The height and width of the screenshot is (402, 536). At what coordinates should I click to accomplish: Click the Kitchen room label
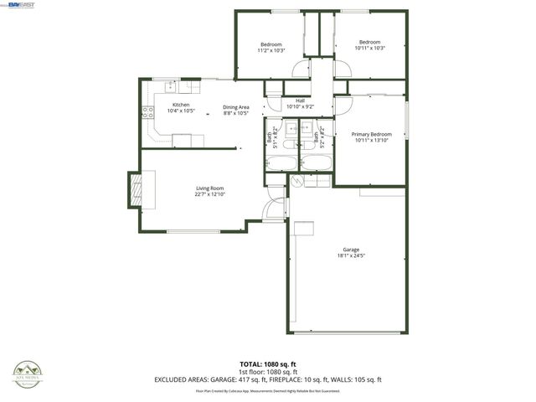[x=181, y=105]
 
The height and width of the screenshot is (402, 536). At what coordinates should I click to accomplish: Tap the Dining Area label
[x=236, y=107]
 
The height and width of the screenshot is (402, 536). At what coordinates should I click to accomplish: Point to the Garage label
[x=350, y=250]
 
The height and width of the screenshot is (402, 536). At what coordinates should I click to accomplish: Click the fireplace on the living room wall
[x=135, y=188]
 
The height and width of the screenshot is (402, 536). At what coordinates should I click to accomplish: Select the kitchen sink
[x=170, y=85]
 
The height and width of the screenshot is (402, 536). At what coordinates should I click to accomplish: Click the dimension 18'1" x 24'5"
[x=350, y=255]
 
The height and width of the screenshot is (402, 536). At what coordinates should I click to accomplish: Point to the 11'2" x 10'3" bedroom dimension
[x=271, y=50]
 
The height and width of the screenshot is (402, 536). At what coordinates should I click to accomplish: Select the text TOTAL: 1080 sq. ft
[x=268, y=364]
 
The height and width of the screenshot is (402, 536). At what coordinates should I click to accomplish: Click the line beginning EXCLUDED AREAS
[x=268, y=379]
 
